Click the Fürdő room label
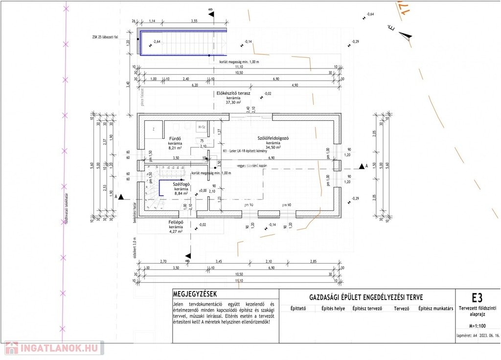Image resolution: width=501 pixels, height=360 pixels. pos(175,138)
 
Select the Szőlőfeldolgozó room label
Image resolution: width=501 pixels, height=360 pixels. pos(273,138)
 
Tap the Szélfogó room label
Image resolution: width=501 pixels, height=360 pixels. pos(181,184)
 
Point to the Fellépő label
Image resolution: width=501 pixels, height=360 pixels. pos(176,222)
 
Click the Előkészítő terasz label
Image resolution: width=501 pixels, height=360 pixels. pos(233,93)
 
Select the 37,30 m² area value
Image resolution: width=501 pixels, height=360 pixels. pos(233,103)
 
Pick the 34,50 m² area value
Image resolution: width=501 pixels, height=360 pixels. pos(273,147)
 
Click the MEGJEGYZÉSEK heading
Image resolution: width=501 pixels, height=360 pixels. pos(195,294)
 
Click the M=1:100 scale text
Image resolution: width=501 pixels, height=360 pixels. pos(477,325)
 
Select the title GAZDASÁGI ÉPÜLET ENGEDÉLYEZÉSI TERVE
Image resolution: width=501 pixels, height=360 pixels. pos(366,297)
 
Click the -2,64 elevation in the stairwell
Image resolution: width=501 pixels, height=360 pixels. pos(157,42)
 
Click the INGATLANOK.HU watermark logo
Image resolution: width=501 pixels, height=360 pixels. pos(52,348)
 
